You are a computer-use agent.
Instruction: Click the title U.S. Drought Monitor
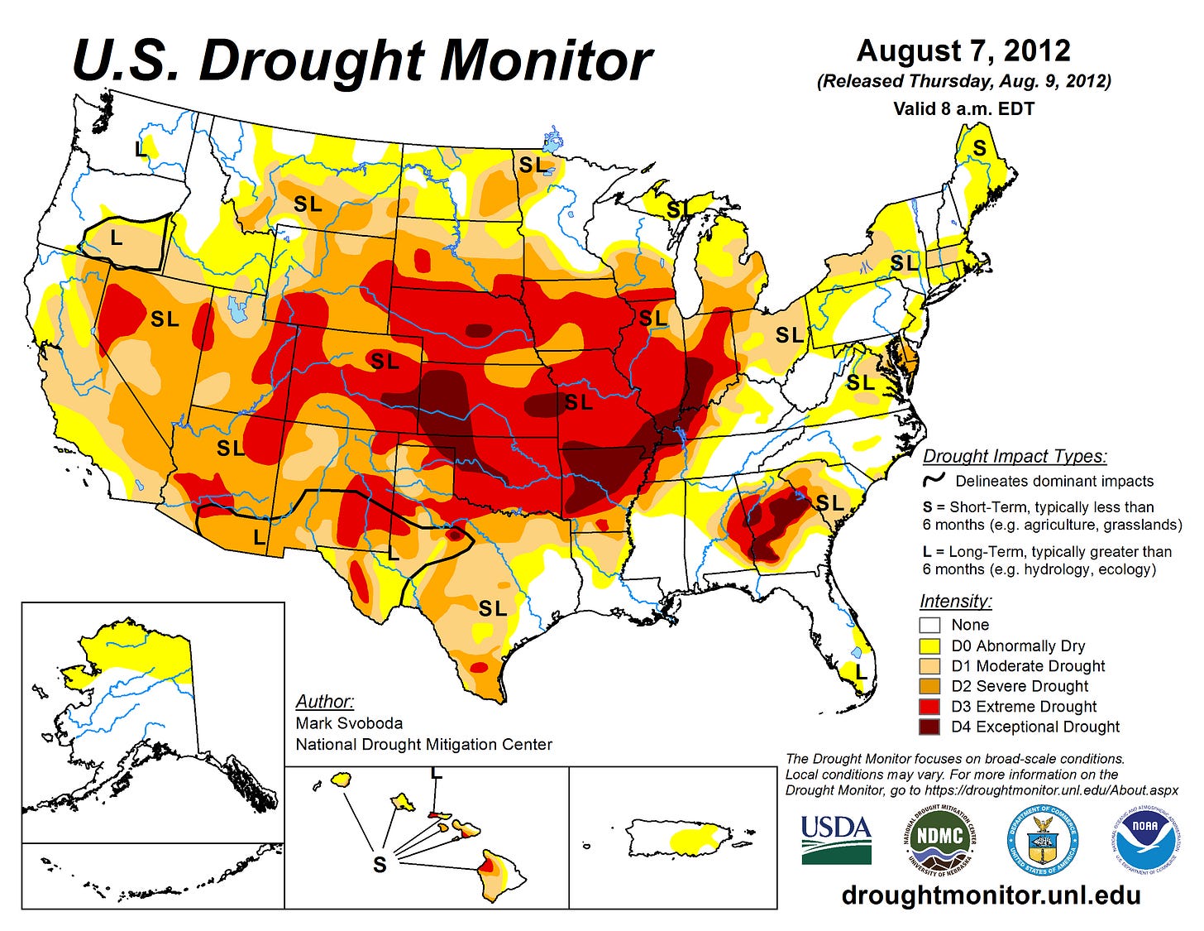362,61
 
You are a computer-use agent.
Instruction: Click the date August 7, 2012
963,51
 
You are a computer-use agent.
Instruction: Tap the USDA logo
836,839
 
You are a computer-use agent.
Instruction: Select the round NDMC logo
939,839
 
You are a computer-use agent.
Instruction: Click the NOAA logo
1145,839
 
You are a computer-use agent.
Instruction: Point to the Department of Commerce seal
1042,839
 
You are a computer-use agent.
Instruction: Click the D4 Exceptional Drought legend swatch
931,727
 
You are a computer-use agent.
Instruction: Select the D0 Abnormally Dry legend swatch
931,645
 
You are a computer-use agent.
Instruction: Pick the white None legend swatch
931,625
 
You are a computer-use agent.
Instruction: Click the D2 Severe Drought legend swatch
931,686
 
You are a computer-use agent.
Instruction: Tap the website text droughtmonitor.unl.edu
991,895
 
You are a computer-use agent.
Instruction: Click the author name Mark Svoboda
349,722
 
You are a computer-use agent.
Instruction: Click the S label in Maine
979,148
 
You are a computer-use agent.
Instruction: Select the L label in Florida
861,672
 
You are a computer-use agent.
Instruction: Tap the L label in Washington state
141,149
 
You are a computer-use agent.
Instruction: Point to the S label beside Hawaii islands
380,865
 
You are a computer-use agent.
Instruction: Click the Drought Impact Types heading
1015,456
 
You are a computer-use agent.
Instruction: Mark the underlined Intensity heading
955,602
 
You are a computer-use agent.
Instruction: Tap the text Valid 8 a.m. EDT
963,108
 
